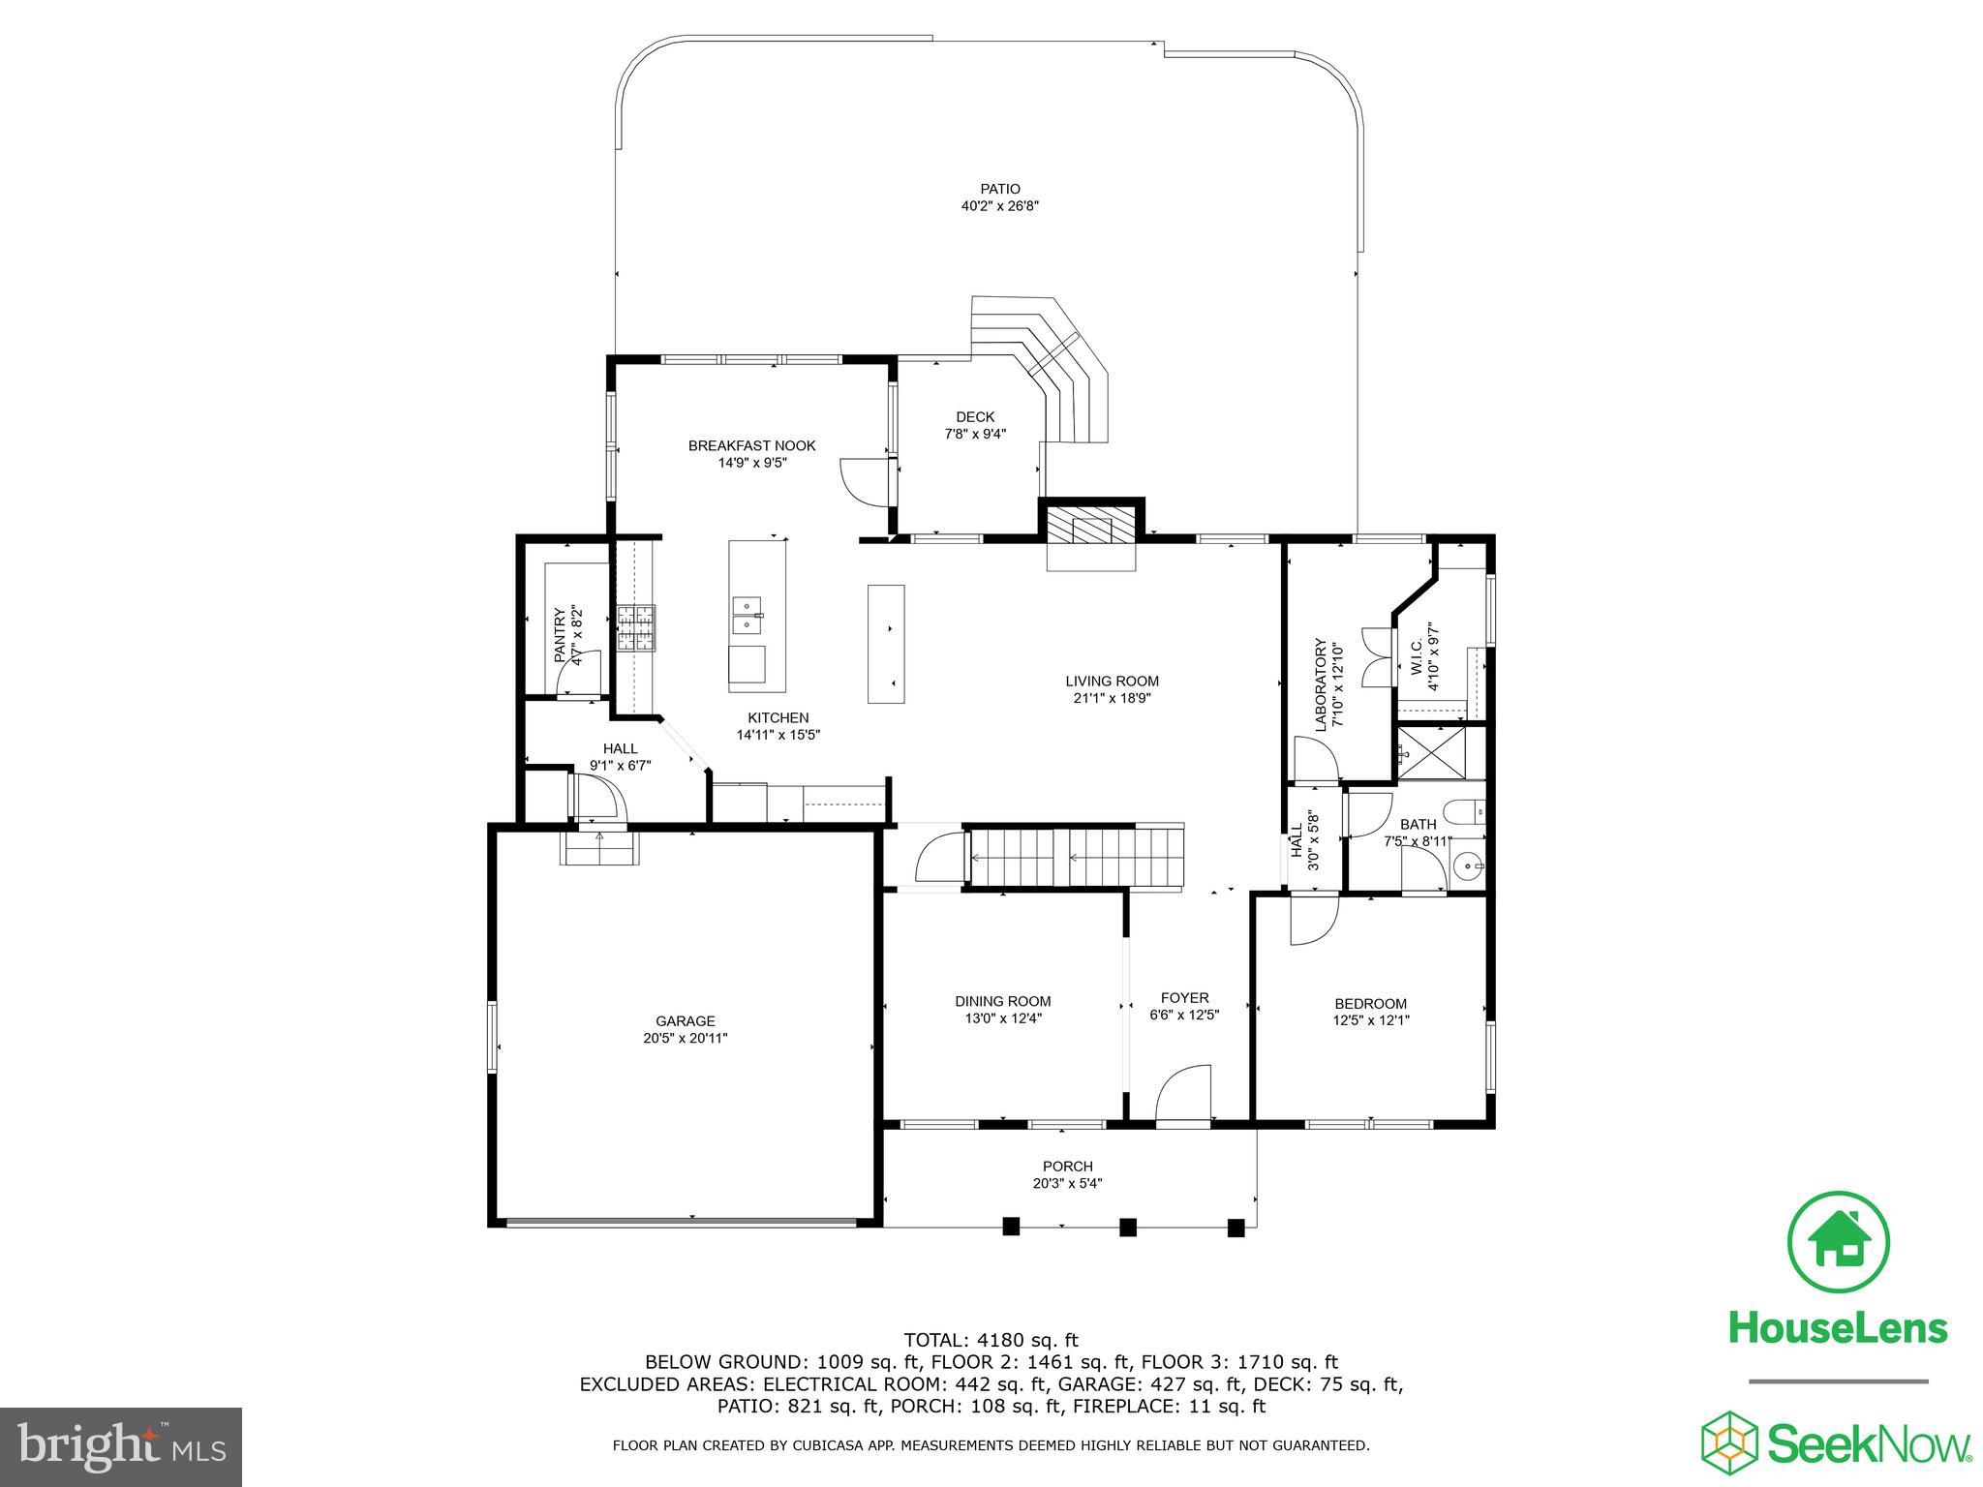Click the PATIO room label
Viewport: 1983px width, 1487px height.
(x=999, y=189)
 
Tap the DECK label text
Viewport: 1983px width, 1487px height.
(x=975, y=417)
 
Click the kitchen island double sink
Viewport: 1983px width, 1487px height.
(x=747, y=616)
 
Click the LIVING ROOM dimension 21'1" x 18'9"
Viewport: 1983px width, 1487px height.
(x=1112, y=697)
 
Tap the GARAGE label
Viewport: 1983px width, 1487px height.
(x=685, y=1020)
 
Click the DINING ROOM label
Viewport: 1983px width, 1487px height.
(x=1002, y=1001)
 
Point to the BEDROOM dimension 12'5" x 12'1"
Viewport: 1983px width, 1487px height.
(x=1370, y=1019)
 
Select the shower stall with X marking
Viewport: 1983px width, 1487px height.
(x=1430, y=753)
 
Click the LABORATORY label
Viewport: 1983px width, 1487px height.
(x=1319, y=683)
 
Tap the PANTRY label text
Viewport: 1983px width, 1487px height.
(x=559, y=635)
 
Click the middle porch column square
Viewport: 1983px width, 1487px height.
(x=1127, y=1227)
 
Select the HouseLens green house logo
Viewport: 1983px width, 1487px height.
(x=1837, y=1242)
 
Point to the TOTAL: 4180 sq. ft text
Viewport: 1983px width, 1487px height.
(x=991, y=1340)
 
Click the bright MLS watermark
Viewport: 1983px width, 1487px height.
(x=121, y=1446)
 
